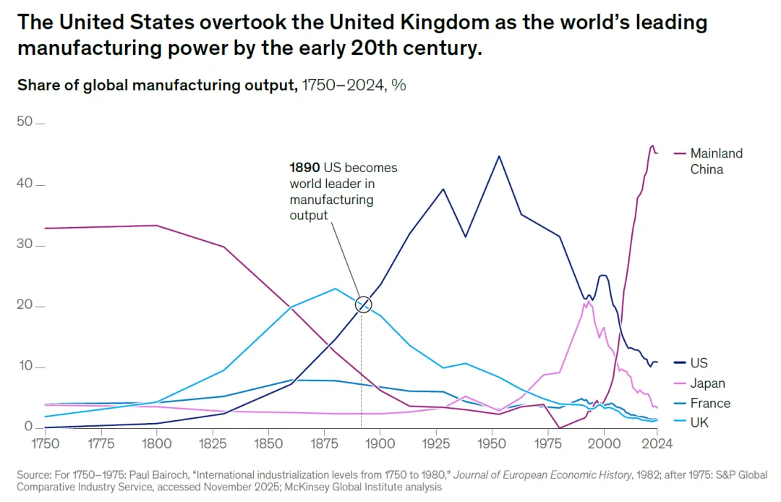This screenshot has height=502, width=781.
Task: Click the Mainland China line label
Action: coord(716,161)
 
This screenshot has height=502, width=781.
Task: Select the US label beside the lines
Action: coord(699,363)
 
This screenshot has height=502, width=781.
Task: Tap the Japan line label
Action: coord(707,383)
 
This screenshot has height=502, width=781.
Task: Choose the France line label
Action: coord(710,403)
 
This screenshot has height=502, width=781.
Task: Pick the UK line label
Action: coord(699,422)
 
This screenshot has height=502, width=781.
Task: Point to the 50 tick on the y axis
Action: coord(25,122)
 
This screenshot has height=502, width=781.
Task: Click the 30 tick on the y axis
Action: coord(25,244)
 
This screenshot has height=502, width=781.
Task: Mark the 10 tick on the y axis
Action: coord(25,366)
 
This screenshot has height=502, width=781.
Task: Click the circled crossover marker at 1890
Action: coord(363,305)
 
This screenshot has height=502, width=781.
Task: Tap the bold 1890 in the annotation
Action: coord(304,168)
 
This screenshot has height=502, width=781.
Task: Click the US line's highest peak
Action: coord(498,156)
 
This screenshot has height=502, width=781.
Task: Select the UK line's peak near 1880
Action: coord(335,289)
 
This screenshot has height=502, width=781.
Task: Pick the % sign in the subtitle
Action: coord(398,85)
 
